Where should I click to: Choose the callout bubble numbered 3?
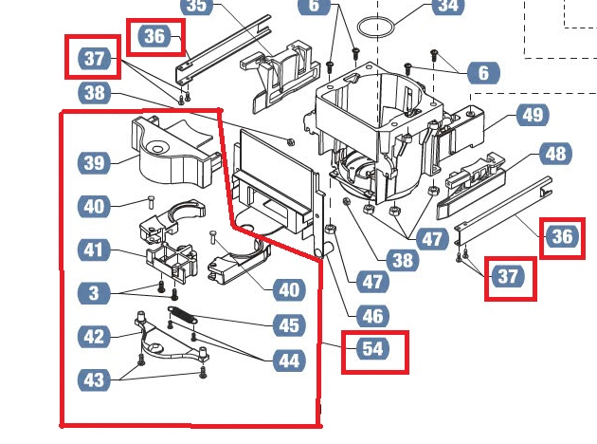click(94, 294)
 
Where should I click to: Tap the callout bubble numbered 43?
click(94, 379)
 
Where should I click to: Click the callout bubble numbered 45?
click(288, 325)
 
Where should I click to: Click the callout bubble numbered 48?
click(555, 154)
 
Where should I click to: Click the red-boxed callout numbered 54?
click(373, 350)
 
